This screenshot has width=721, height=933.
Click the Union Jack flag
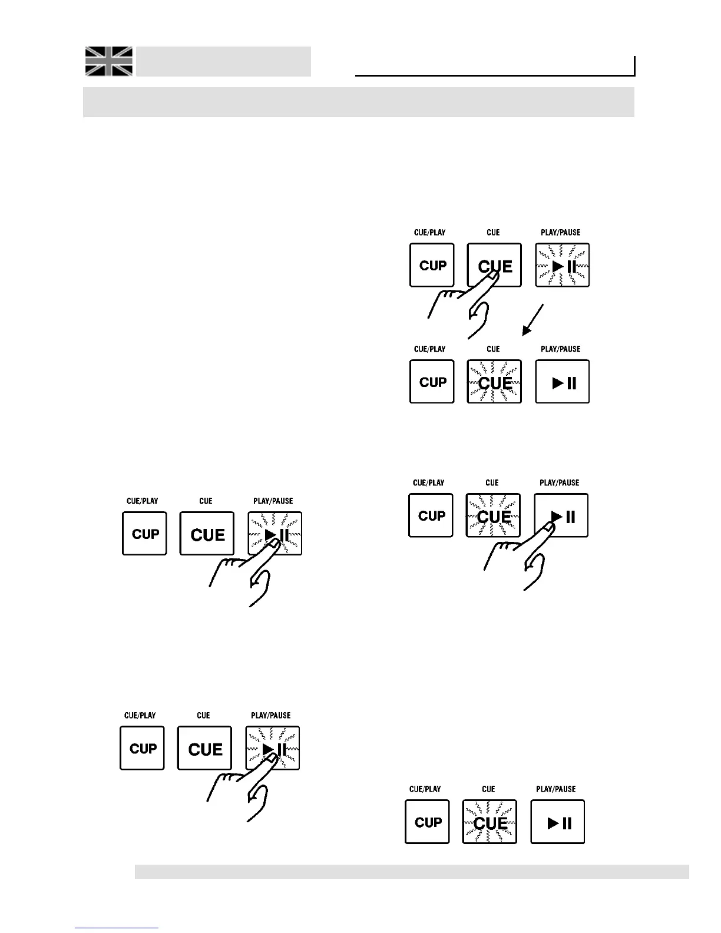click(109, 61)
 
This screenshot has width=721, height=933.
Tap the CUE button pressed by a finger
click(494, 265)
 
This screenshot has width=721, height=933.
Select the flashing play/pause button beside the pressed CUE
click(563, 266)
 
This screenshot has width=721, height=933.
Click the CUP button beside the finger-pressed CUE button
click(432, 265)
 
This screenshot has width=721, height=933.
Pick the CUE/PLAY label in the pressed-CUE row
click(430, 233)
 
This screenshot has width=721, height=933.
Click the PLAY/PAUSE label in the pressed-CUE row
click(561, 233)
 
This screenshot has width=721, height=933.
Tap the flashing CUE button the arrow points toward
click(494, 382)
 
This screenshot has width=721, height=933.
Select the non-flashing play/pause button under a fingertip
click(561, 515)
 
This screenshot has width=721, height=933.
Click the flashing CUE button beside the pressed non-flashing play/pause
click(493, 515)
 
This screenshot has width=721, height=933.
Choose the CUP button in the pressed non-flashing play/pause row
click(431, 515)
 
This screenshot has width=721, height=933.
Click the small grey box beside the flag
click(224, 61)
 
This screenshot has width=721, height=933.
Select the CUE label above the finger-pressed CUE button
click(494, 233)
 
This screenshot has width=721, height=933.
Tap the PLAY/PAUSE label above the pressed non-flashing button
click(560, 483)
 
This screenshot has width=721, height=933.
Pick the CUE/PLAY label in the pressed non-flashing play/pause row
click(429, 483)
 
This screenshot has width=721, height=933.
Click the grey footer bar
click(412, 872)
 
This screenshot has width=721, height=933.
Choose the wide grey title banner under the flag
click(358, 102)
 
